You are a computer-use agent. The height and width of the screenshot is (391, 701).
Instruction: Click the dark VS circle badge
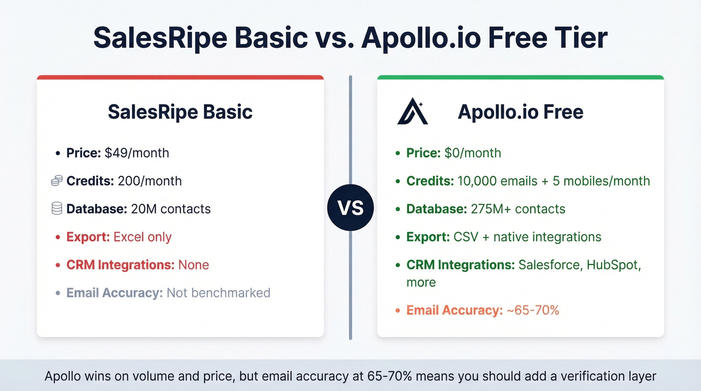[350, 207]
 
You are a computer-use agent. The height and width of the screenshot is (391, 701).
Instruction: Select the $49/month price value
[137, 153]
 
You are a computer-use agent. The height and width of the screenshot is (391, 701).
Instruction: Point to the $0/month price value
[473, 153]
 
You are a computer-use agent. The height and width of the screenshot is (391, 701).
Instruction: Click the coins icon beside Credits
[57, 181]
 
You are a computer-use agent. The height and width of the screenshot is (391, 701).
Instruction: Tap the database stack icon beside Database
[57, 208]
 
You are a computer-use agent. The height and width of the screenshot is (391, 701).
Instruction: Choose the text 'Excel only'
[143, 237]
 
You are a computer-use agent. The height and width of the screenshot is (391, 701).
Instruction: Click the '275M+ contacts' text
[518, 209]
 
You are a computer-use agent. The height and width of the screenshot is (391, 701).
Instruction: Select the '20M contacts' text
[171, 209]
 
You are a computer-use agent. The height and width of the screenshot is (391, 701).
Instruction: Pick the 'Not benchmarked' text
[218, 292]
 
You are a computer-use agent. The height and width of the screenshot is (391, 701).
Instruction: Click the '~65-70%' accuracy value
[533, 310]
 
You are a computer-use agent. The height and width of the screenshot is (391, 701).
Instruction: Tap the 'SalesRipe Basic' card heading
[180, 112]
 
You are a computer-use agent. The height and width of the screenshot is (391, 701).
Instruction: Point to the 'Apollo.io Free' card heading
[520, 112]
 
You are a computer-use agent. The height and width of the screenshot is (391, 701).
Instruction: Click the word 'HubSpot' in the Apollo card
[615, 264]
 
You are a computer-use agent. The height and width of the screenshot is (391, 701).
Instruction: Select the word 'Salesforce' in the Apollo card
[549, 264]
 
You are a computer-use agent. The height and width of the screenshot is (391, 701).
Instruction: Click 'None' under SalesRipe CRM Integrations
[193, 264]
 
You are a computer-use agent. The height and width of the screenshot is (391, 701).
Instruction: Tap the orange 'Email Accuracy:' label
[454, 310]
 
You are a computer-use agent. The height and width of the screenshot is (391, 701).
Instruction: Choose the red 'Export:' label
[88, 237]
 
